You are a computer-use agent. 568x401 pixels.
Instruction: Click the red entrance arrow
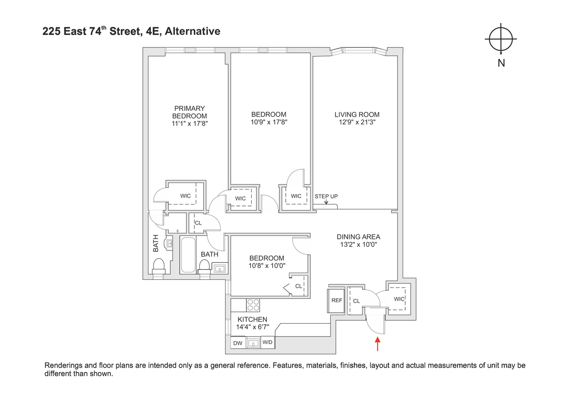[378, 345]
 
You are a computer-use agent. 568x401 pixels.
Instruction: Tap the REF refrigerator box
[337, 300]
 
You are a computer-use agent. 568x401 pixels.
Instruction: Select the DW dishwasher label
[237, 343]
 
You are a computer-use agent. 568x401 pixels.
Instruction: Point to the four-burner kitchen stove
[253, 304]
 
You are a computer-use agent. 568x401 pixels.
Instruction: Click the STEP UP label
[326, 196]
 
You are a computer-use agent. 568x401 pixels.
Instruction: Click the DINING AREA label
[358, 236]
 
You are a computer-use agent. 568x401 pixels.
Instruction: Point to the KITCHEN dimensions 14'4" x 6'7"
[252, 328]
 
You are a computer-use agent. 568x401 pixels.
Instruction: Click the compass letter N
[501, 63]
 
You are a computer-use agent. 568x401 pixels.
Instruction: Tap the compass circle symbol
[501, 39]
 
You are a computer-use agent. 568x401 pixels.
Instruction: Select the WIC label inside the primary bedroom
[185, 196]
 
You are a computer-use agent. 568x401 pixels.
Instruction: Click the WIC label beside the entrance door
[399, 299]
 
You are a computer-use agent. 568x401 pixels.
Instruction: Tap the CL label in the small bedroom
[298, 286]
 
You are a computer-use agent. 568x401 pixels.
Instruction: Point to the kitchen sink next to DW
[254, 343]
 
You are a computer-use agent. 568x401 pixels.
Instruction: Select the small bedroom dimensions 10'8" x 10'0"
[267, 265]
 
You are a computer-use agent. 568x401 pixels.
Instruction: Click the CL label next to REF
[356, 301]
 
